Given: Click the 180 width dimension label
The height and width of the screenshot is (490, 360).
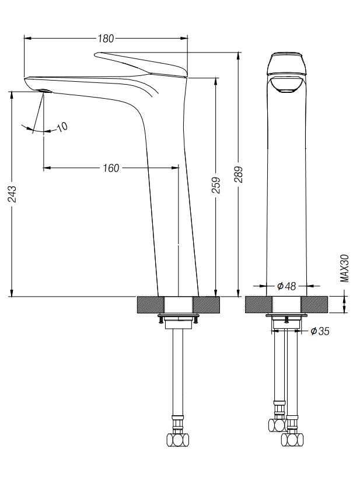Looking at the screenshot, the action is [x=106, y=39].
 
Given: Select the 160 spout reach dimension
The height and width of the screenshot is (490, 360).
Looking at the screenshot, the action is [x=111, y=168].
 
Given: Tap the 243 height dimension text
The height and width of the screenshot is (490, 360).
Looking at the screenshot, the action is [x=12, y=194].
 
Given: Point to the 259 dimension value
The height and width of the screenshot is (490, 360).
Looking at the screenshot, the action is [x=216, y=185].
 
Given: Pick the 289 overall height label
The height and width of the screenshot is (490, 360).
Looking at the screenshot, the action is [x=239, y=175].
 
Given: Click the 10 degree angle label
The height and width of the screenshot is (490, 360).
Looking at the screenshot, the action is [x=62, y=127].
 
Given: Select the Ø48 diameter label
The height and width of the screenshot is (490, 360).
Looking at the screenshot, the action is [x=286, y=286].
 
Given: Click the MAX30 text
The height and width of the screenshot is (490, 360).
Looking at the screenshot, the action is [x=344, y=269].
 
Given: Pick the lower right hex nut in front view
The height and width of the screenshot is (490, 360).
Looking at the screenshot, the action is [x=292, y=439].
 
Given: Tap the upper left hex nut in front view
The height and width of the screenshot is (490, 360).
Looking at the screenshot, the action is [x=278, y=425].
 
